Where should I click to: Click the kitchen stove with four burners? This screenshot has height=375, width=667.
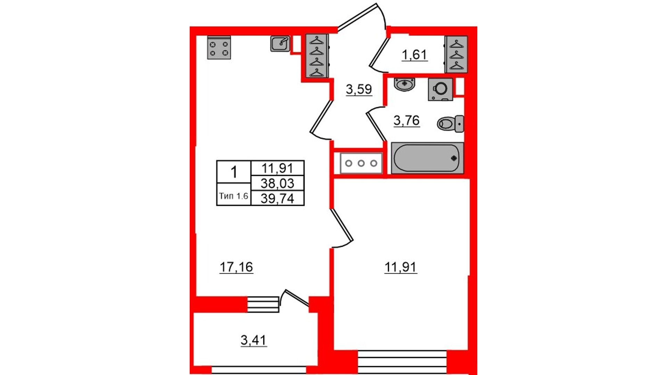pos(219,48)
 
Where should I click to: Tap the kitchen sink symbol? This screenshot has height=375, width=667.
pos(280,44)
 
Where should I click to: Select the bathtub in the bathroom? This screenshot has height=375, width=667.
pos(427,158)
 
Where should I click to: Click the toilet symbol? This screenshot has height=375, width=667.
pos(450,124)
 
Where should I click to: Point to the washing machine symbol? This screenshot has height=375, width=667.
pos(440,89)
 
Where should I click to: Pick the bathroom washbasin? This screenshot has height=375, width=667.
pos(404,84)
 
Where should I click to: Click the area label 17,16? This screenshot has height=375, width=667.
pos(236,267)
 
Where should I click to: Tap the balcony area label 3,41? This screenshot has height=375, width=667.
pos(254,340)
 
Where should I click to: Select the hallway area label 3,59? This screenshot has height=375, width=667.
pos(359,89)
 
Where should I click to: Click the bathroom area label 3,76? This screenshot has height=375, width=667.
pos(406,120)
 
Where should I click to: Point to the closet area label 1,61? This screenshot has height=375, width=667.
pos(414,55)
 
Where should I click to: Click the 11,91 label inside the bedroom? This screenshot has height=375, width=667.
pos(401,267)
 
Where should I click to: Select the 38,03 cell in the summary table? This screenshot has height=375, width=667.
pos(277,183)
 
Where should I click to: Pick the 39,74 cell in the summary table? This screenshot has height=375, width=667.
pos(277,198)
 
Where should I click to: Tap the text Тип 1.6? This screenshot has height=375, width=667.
pos(233,196)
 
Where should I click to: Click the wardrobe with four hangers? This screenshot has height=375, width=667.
pos(317,56)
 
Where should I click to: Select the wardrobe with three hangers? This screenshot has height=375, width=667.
pos(456,55)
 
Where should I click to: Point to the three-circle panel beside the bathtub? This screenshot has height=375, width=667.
pos(361,163)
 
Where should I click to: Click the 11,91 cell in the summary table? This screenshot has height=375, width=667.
pos(277,168)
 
